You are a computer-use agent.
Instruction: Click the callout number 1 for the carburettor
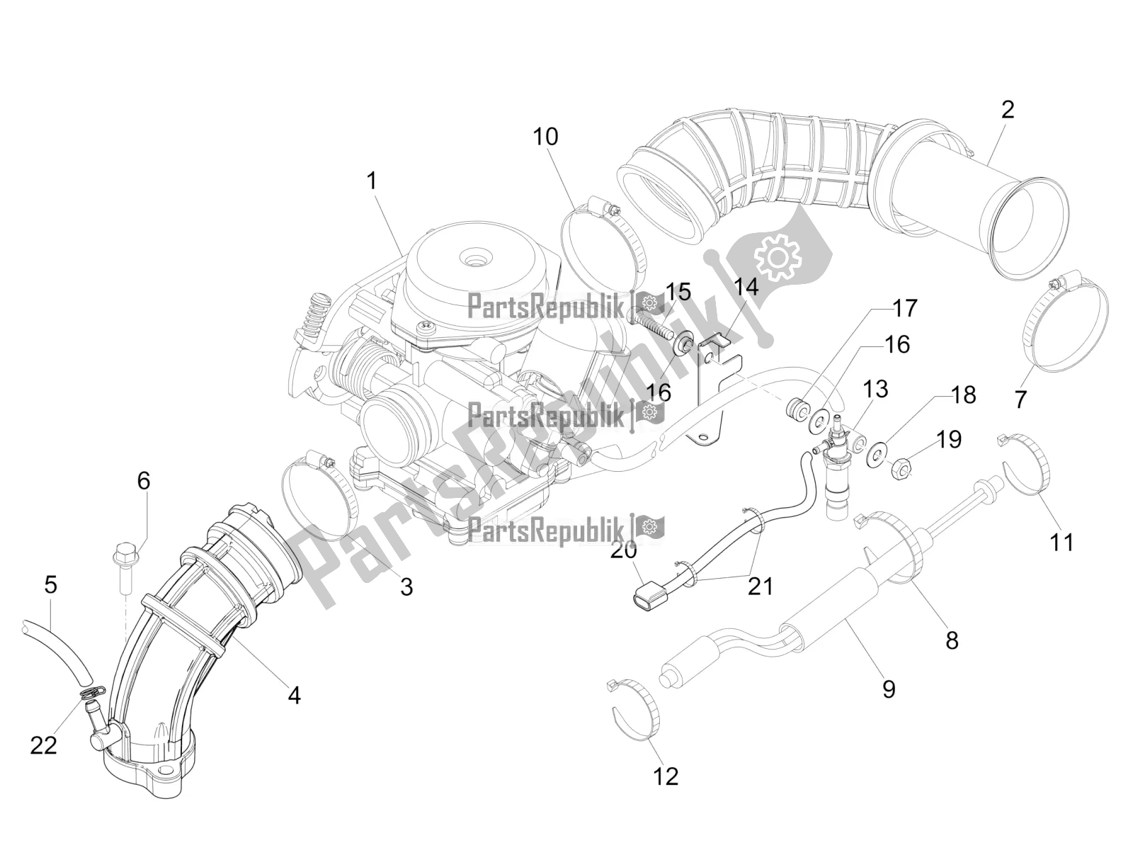(371, 161)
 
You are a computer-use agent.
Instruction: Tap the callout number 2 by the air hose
(1007, 110)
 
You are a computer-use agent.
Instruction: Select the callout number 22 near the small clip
(43, 744)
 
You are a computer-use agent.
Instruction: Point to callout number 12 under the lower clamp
(666, 776)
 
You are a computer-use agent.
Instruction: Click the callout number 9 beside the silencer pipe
(889, 688)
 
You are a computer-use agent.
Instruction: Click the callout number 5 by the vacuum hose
(50, 586)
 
